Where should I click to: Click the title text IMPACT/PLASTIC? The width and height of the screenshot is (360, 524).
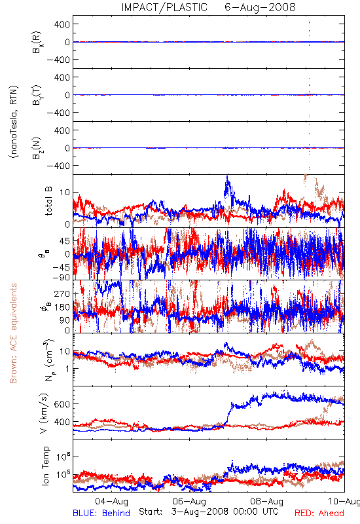pos(164,7)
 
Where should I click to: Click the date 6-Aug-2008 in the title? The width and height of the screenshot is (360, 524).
pos(260,7)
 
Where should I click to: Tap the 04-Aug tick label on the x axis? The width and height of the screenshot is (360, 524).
pos(111,501)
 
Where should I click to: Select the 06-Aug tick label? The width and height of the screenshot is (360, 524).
pos(189,501)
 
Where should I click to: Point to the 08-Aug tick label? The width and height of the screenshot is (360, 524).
pos(267,501)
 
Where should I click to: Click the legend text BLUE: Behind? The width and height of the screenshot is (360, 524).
pos(101,513)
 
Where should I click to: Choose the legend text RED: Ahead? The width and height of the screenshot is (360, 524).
pos(319,513)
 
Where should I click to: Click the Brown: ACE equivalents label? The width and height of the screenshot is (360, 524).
pos(13,333)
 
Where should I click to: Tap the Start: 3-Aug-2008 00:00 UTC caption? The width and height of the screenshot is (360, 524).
pos(209,512)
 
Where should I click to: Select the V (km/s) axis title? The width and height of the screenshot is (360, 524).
pos(44,413)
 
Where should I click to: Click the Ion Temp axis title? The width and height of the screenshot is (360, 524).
pos(46,466)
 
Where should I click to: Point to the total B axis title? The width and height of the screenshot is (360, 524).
pos(48,201)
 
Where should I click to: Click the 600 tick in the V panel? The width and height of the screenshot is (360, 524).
pos(62,404)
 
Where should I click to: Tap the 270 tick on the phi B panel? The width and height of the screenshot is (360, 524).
pos(62,293)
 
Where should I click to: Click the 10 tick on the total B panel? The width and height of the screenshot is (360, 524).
pos(65,193)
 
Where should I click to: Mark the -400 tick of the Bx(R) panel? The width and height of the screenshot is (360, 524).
pos(58,60)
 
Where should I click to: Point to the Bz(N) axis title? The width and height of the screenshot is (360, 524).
pos(37,148)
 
